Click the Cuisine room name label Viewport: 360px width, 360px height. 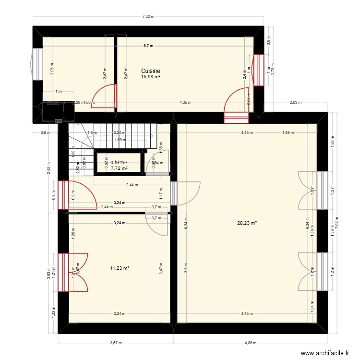150,71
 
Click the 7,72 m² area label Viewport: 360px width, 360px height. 119,168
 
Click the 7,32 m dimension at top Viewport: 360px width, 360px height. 148,17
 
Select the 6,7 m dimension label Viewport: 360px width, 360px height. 148,46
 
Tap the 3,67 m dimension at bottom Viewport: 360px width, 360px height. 116,343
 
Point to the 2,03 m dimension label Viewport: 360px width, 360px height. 296,102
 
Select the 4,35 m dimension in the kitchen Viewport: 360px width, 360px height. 185,102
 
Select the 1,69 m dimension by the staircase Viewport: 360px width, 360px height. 120,140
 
